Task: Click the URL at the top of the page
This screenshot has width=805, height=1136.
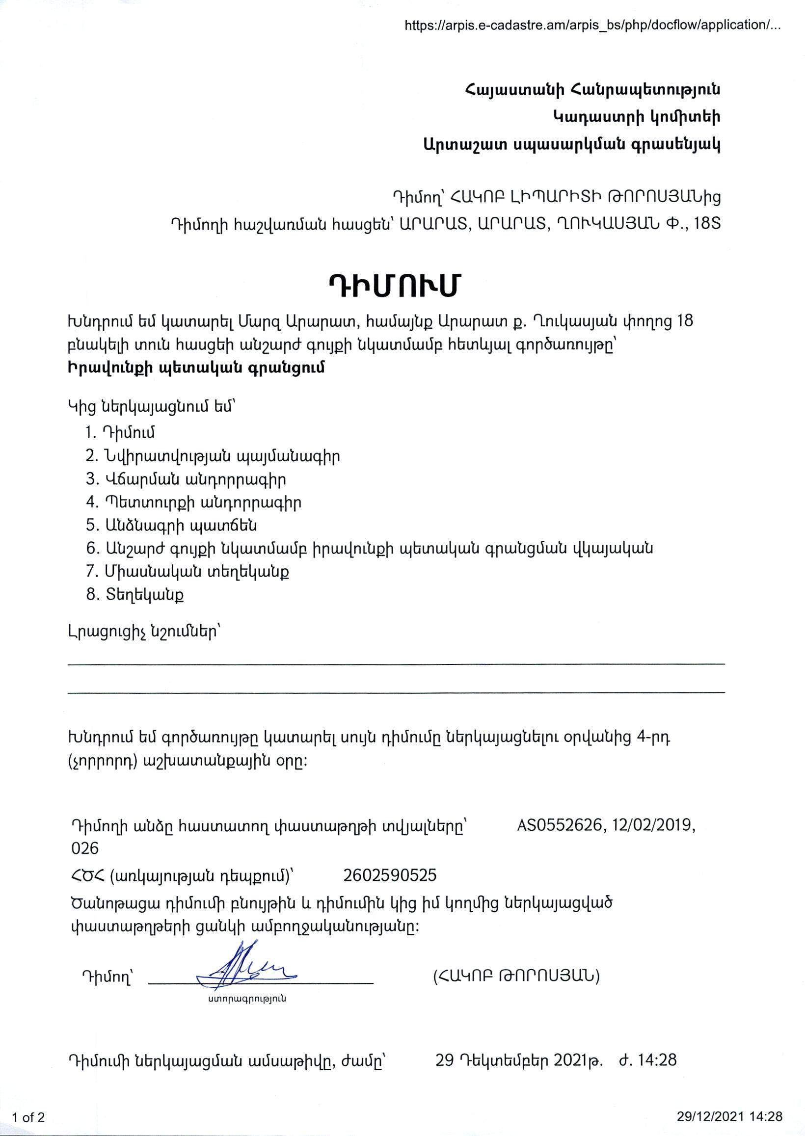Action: pos(592,25)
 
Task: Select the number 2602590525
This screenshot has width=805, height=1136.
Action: pos(390,875)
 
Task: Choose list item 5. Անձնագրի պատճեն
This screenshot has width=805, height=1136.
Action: pos(171,525)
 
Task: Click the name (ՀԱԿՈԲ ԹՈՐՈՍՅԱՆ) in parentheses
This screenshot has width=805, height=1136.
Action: pos(516,976)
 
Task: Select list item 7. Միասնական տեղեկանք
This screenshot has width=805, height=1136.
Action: pos(188,571)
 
